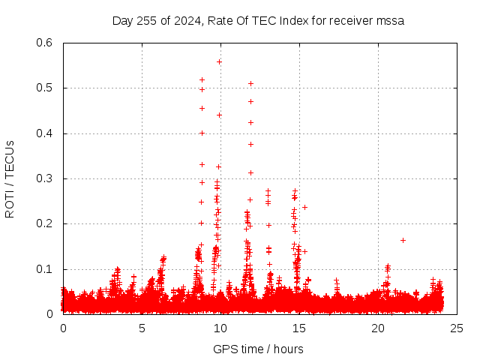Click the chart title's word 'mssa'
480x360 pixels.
pos(390,21)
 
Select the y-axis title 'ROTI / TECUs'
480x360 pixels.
pos(10,178)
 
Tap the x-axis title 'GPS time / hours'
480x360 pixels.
pos(258,349)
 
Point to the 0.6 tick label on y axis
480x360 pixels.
pos(44,43)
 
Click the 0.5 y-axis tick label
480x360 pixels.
pos(44,88)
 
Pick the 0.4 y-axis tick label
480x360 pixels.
pos(44,133)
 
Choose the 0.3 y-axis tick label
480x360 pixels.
pos(44,178)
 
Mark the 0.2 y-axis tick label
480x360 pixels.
pos(44,223)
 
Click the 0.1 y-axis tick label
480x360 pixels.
pos(44,269)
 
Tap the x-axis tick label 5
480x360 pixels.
pos(142,328)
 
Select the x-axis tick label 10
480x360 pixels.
pos(220,328)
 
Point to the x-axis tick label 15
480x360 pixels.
pos(299,328)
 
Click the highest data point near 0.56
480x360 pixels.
pos(219,61)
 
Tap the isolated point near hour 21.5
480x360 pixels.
pos(403,240)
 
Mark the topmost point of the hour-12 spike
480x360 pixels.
pos(250,83)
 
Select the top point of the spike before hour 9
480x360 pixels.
pos(202,79)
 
